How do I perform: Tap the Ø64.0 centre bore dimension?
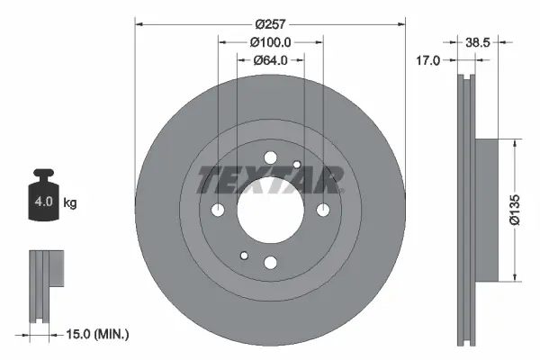270,60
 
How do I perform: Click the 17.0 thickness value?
429,61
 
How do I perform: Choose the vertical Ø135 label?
514,208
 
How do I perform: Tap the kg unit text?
70,203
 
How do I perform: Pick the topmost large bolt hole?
270,158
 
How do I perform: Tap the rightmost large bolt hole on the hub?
321,211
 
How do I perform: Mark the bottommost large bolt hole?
270,262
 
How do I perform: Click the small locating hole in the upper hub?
296,164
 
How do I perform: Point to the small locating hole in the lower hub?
244,256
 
